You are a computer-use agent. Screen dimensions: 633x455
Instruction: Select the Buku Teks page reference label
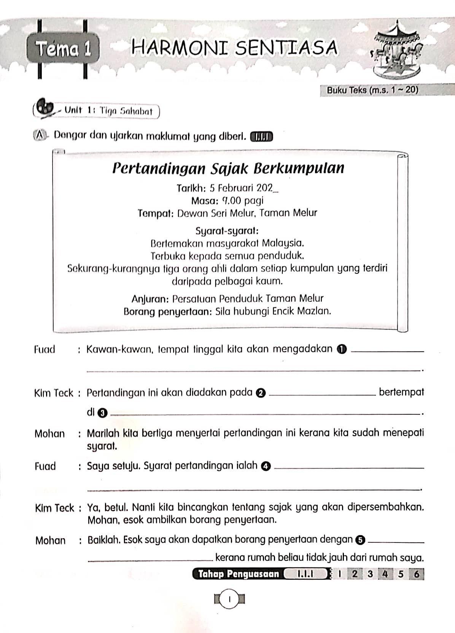pyautogui.click(x=372, y=90)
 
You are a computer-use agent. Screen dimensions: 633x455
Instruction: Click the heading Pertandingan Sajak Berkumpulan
pyautogui.click(x=228, y=168)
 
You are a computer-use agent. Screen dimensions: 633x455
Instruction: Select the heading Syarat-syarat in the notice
pyautogui.click(x=227, y=231)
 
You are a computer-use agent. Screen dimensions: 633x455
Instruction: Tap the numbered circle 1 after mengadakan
pyautogui.click(x=342, y=350)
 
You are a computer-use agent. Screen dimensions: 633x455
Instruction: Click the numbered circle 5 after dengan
pyautogui.click(x=360, y=540)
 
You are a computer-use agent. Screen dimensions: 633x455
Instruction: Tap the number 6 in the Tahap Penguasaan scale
pyautogui.click(x=416, y=574)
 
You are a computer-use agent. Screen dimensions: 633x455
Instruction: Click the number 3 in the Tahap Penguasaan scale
pyautogui.click(x=370, y=574)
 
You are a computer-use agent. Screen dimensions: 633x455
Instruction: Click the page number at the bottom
pyautogui.click(x=229, y=600)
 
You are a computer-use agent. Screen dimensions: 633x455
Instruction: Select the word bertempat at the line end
pyautogui.click(x=401, y=392)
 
